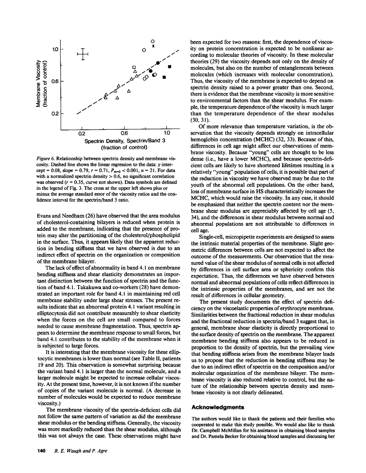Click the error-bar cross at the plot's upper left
tap(83, 54)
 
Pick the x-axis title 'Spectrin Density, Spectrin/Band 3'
tap(124, 140)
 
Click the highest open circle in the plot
tap(152, 40)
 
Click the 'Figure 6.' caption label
tap(46, 158)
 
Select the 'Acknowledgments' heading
tap(218, 407)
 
